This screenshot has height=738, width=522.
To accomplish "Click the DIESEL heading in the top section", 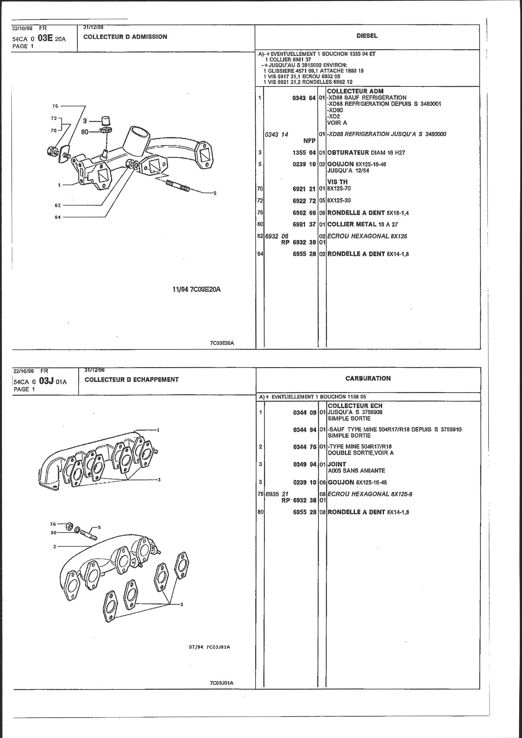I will pyautogui.click(x=367, y=36).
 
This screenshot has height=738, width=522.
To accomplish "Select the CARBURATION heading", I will pyautogui.click(x=368, y=378).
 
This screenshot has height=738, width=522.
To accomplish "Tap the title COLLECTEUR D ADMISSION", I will pyautogui.click(x=125, y=37).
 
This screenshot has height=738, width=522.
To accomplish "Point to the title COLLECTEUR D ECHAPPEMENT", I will pyautogui.click(x=132, y=379).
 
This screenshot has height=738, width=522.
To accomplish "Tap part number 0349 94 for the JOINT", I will pyautogui.click(x=305, y=464).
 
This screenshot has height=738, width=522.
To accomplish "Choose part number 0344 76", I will pyautogui.click(x=305, y=446).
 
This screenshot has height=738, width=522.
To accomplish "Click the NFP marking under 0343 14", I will pyautogui.click(x=309, y=140).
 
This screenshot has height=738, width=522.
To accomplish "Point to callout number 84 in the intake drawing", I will pyautogui.click(x=57, y=217).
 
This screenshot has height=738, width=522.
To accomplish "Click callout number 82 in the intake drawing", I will pyautogui.click(x=57, y=205).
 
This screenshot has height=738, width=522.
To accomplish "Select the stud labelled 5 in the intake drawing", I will pyautogui.click(x=177, y=186).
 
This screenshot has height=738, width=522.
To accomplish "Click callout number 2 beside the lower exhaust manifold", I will pyautogui.click(x=55, y=546).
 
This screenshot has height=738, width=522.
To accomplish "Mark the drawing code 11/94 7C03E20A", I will pyautogui.click(x=196, y=289).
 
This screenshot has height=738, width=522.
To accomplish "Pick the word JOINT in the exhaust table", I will pyautogui.click(x=337, y=464).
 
